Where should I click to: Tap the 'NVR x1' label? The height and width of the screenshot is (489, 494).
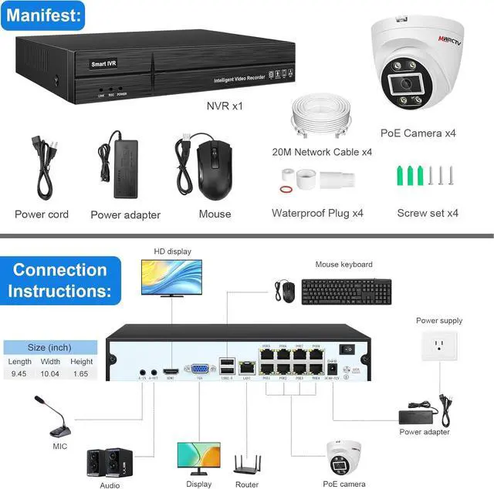coord(223,106)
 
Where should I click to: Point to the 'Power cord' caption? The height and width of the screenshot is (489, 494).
coord(42,214)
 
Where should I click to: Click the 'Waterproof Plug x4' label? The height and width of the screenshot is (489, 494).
coord(317,213)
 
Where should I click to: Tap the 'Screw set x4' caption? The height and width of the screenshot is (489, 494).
coord(428,213)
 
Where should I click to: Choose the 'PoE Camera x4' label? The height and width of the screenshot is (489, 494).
coord(418,133)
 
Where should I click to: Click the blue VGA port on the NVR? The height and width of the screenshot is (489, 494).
coord(199,369)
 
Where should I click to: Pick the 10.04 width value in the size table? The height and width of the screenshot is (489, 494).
coord(50,374)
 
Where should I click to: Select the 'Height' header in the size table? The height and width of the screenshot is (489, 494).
coord(81,362)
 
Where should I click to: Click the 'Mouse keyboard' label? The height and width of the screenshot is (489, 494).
coord(343,265)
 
